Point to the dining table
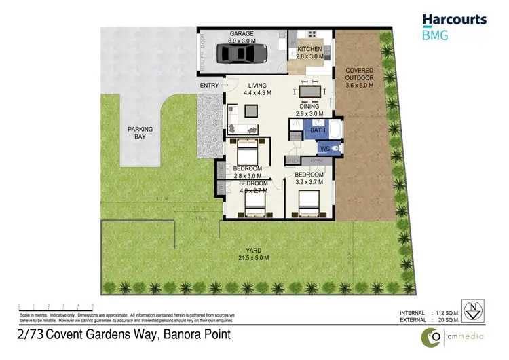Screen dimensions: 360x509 point(309,91)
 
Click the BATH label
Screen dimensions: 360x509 point(317,130)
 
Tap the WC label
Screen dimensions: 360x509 point(324,147)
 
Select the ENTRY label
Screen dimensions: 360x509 point(208,86)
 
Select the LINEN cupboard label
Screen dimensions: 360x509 point(294,160)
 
